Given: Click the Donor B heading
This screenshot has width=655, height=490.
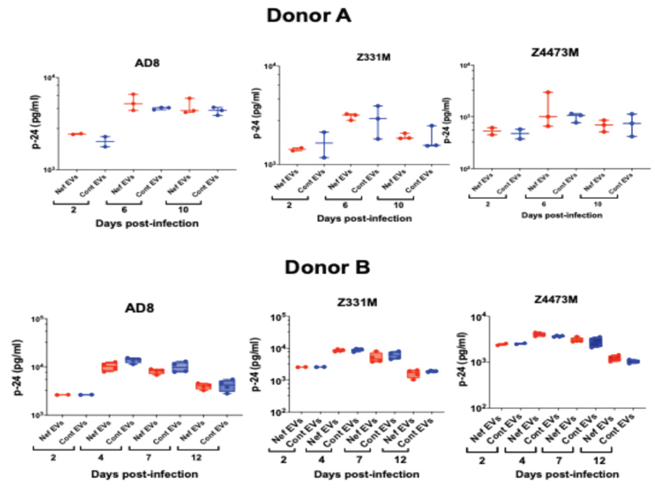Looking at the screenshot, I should [327, 268].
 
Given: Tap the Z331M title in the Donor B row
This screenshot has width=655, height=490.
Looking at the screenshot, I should [357, 302].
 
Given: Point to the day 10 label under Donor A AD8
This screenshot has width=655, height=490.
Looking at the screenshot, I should [183, 210].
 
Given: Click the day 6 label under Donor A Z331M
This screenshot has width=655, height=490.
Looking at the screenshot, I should [345, 205].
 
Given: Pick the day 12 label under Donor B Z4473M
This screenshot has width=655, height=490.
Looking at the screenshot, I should [599, 461].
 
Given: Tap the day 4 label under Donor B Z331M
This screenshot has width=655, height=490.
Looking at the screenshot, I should [321, 460].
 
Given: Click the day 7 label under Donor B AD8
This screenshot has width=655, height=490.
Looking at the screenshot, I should [149, 457].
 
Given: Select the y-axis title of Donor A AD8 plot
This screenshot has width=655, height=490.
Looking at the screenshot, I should [36, 122].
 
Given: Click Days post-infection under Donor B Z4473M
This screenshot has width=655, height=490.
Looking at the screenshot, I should [567, 474].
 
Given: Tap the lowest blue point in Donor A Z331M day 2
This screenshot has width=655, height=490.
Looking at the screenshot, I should [324, 158].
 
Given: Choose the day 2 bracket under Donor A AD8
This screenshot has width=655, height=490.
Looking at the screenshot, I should [71, 202].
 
